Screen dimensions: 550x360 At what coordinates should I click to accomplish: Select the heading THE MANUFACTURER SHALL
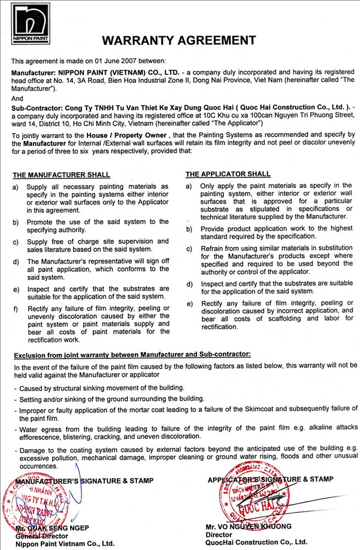[61, 175]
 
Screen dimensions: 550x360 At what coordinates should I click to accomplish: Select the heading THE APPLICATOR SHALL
[228, 174]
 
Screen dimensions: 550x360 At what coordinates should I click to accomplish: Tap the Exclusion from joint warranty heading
[132, 355]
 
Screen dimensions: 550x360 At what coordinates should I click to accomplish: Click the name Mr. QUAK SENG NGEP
[52, 528]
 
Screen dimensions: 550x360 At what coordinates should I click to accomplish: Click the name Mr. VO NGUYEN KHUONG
[248, 526]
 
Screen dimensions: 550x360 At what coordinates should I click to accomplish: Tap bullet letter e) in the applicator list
[189, 304]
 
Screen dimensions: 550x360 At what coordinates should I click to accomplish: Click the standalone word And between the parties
[18, 98]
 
